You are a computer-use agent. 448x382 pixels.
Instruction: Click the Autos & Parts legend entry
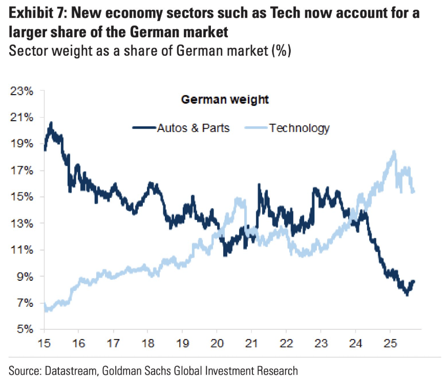[193, 128]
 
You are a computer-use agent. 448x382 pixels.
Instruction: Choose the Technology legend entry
[300, 128]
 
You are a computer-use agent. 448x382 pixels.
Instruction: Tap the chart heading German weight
[225, 100]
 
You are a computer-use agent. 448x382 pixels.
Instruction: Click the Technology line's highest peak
[394, 151]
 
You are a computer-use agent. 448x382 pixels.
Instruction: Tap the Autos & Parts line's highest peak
[51, 123]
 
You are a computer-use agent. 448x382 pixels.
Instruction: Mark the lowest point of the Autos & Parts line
[407, 295]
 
